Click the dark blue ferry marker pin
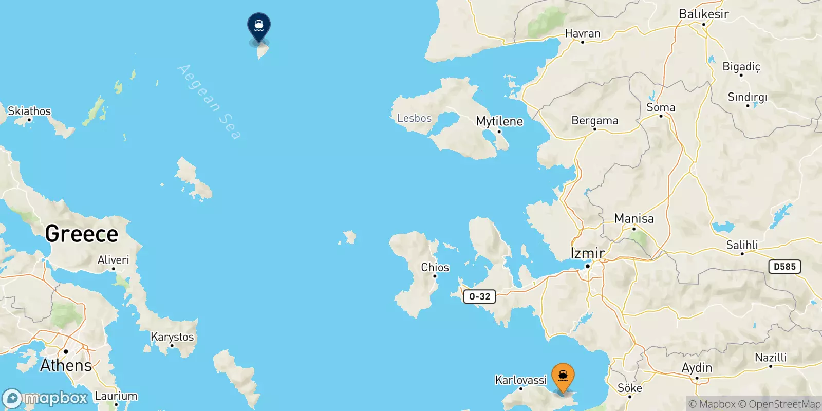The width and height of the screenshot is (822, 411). click(x=259, y=26)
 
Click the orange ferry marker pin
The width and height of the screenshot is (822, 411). click(x=563, y=377)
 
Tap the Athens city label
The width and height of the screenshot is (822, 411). click(x=66, y=365)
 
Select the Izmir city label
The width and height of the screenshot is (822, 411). click(x=587, y=253)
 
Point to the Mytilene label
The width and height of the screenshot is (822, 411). click(x=499, y=121)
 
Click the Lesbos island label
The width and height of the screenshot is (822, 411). click(x=414, y=118)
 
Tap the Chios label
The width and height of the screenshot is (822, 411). click(x=435, y=267)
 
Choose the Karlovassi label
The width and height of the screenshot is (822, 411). click(x=520, y=380)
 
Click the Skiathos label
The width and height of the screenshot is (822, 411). click(x=29, y=111)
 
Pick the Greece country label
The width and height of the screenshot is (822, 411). click(x=82, y=234)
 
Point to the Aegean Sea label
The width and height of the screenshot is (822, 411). click(x=209, y=101)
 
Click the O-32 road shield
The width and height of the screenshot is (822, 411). click(x=479, y=296)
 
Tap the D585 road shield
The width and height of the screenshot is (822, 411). click(x=784, y=267)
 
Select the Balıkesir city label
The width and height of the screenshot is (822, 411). click(x=703, y=14)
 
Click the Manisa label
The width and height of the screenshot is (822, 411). click(x=634, y=218)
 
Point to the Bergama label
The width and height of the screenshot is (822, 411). click(x=595, y=120)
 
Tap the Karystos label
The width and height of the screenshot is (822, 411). click(x=172, y=337)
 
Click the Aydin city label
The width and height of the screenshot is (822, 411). click(x=697, y=367)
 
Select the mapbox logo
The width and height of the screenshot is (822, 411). click(x=45, y=398)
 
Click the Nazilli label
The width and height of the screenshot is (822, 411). click(x=770, y=357)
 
